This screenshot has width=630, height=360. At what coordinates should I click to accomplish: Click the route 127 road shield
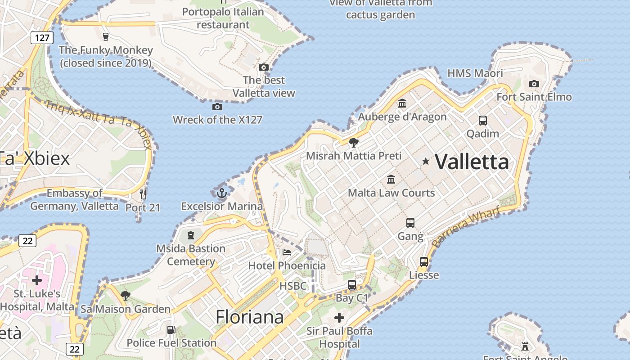[x=42, y=37]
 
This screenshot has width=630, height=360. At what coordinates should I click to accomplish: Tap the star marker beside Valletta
[x=425, y=161]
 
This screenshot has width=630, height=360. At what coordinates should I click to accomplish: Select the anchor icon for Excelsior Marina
[x=221, y=193]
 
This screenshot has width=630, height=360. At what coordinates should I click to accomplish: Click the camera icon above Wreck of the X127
[x=217, y=107]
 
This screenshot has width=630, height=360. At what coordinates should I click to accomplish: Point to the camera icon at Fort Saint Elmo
[x=534, y=84]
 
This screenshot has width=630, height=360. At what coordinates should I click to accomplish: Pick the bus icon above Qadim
[x=483, y=121]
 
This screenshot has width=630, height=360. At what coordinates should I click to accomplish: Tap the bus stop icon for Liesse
[x=423, y=262]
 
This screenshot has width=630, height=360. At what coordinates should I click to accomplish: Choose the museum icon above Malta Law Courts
[x=391, y=179]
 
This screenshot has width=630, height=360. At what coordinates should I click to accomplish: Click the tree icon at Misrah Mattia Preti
[x=354, y=143]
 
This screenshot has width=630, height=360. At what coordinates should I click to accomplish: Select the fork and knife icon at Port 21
[x=143, y=194]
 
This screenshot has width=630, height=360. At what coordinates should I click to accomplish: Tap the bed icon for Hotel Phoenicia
[x=287, y=252]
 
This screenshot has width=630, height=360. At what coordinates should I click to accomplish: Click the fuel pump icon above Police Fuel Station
[x=171, y=330]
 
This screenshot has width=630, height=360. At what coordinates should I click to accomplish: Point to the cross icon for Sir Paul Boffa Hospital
[x=339, y=318]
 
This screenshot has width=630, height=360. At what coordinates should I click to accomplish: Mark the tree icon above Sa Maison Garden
[x=126, y=296]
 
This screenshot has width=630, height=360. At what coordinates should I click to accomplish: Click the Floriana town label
[x=250, y=317]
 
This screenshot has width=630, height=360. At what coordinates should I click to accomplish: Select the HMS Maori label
[x=475, y=73]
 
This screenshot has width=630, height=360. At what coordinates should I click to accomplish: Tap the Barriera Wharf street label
[x=466, y=227]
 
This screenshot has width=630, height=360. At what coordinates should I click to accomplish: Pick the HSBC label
[x=293, y=286]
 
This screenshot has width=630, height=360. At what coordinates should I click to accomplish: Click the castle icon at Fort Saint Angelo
[x=525, y=346]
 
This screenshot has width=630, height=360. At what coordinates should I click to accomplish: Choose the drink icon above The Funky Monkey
[x=106, y=37]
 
